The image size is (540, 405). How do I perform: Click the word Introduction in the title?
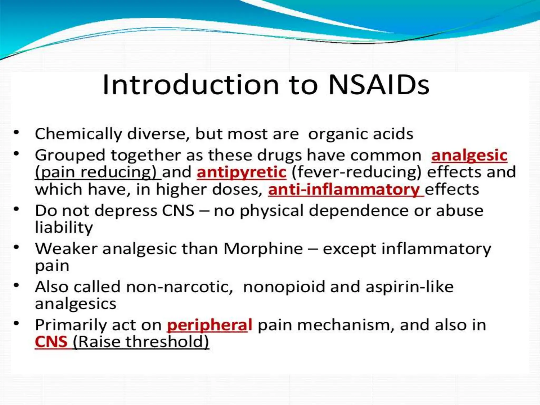[190, 85]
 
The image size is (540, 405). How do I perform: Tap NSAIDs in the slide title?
[379, 85]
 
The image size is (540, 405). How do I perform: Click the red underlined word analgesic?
[469, 155]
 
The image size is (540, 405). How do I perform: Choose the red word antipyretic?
[241, 172]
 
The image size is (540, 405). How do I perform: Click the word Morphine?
[263, 249]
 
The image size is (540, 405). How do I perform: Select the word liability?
[64, 228]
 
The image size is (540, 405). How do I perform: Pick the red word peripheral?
[210, 325]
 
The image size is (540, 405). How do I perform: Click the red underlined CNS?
[51, 342]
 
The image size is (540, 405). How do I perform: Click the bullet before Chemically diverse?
[17, 132]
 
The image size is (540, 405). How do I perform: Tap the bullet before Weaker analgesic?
[17, 247]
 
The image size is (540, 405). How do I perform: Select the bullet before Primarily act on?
[17, 323]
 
